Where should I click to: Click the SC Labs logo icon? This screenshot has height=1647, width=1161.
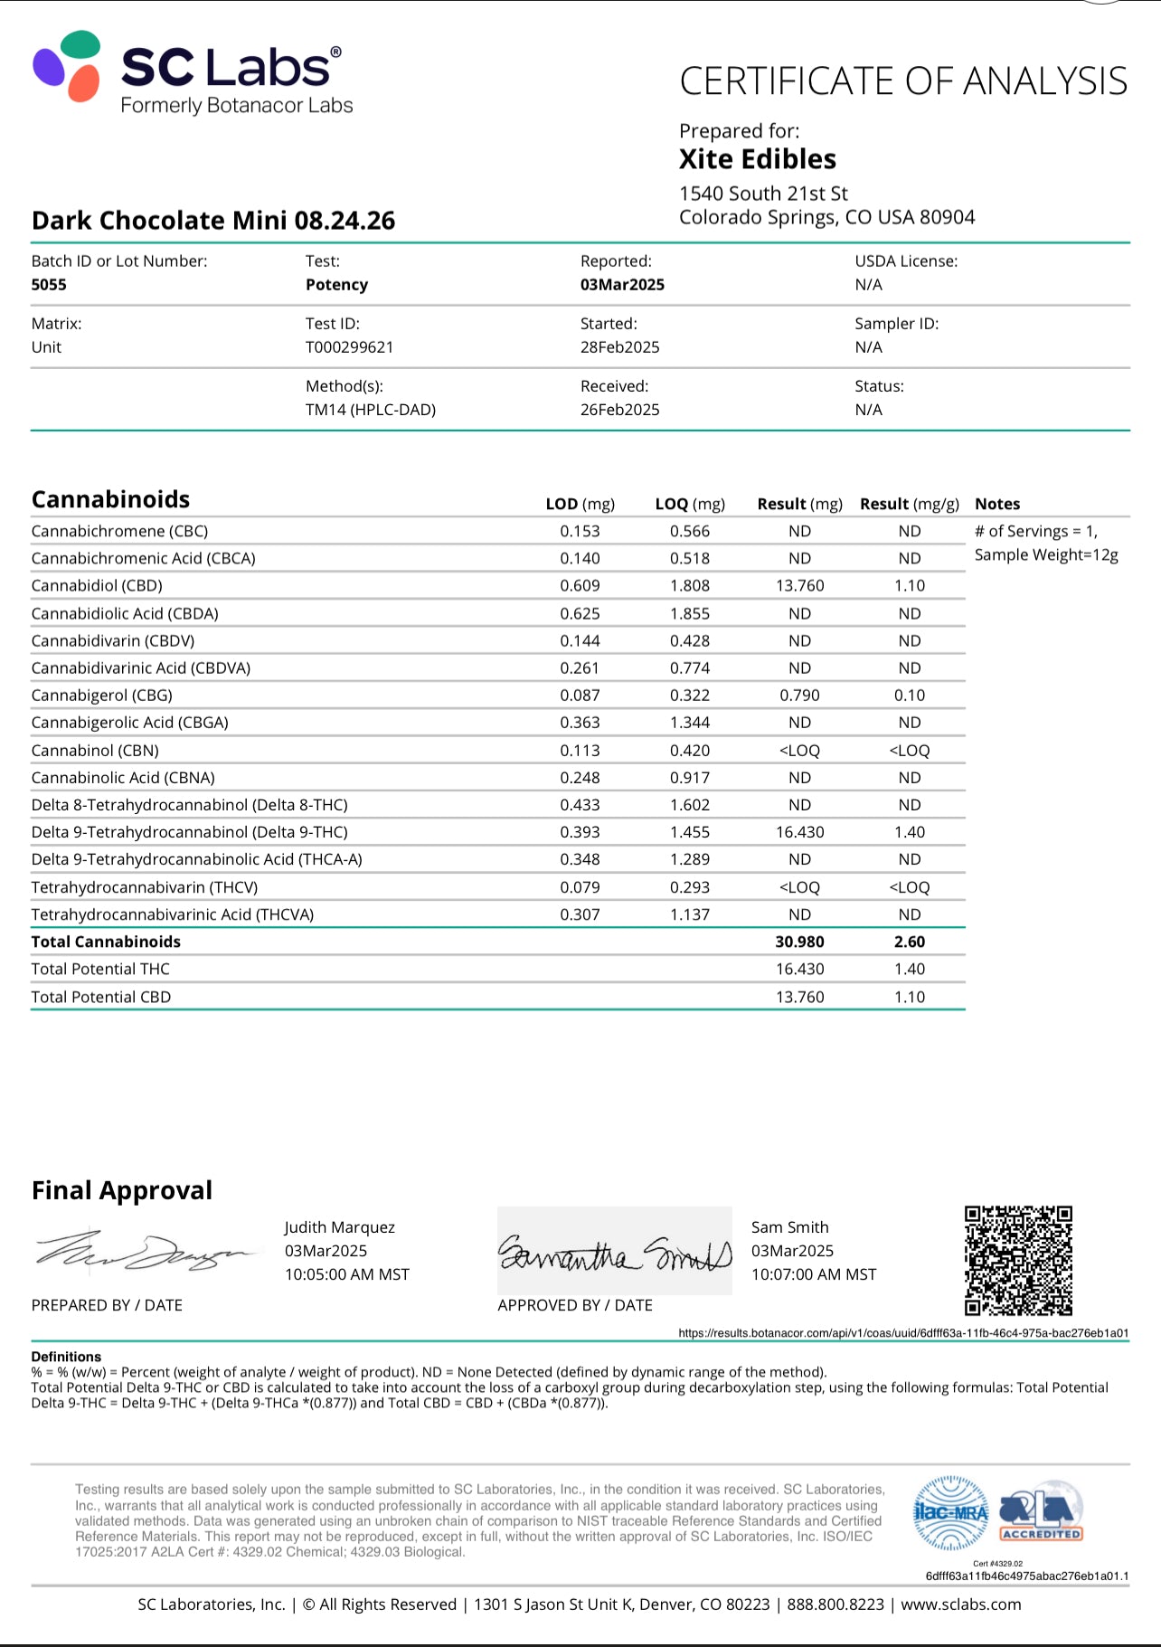pyautogui.click(x=67, y=65)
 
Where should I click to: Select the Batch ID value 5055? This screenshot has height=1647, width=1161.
pyautogui.click(x=49, y=285)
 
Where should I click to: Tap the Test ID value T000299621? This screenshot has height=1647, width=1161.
pyautogui.click(x=349, y=347)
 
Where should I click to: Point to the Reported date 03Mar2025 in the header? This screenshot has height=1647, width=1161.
pyautogui.click(x=622, y=285)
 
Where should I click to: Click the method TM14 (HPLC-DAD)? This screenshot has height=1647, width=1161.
pyautogui.click(x=371, y=410)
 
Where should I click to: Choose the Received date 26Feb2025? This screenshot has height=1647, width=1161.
pyautogui.click(x=619, y=410)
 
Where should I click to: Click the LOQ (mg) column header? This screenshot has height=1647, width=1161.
pyautogui.click(x=690, y=504)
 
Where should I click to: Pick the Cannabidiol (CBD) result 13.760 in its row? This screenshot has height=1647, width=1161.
pyautogui.click(x=799, y=586)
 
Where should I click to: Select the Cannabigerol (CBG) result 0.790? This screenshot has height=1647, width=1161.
pyautogui.click(x=799, y=696)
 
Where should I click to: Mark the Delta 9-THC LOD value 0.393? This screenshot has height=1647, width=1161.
pyautogui.click(x=580, y=832)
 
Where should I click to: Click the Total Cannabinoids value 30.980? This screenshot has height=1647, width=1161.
pyautogui.click(x=799, y=942)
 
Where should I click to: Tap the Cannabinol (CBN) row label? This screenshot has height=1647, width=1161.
pyautogui.click(x=95, y=751)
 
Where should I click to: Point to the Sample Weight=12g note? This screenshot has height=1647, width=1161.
pyautogui.click(x=1046, y=554)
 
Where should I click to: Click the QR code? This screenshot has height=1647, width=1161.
pyautogui.click(x=1018, y=1260)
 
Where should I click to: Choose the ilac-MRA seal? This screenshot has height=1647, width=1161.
pyautogui.click(x=950, y=1513)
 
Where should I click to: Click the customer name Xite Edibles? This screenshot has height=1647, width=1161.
pyautogui.click(x=758, y=159)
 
